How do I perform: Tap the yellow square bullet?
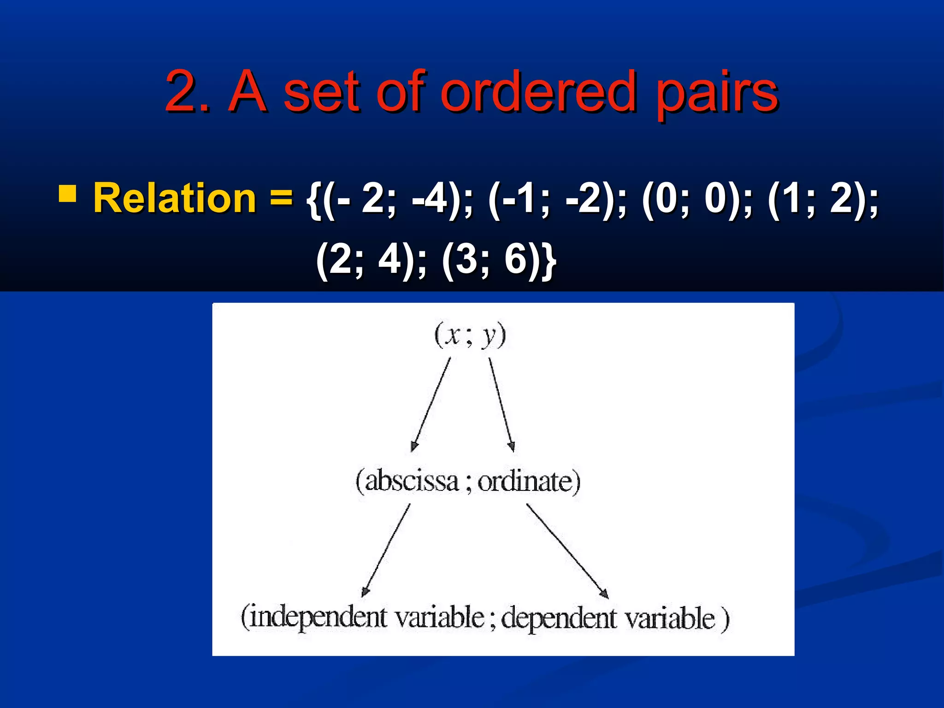point(67,194)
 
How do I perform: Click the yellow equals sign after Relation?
point(281,197)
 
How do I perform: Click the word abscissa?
point(411,481)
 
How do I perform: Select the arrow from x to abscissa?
point(431,404)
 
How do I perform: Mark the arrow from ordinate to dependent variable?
point(567,550)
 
